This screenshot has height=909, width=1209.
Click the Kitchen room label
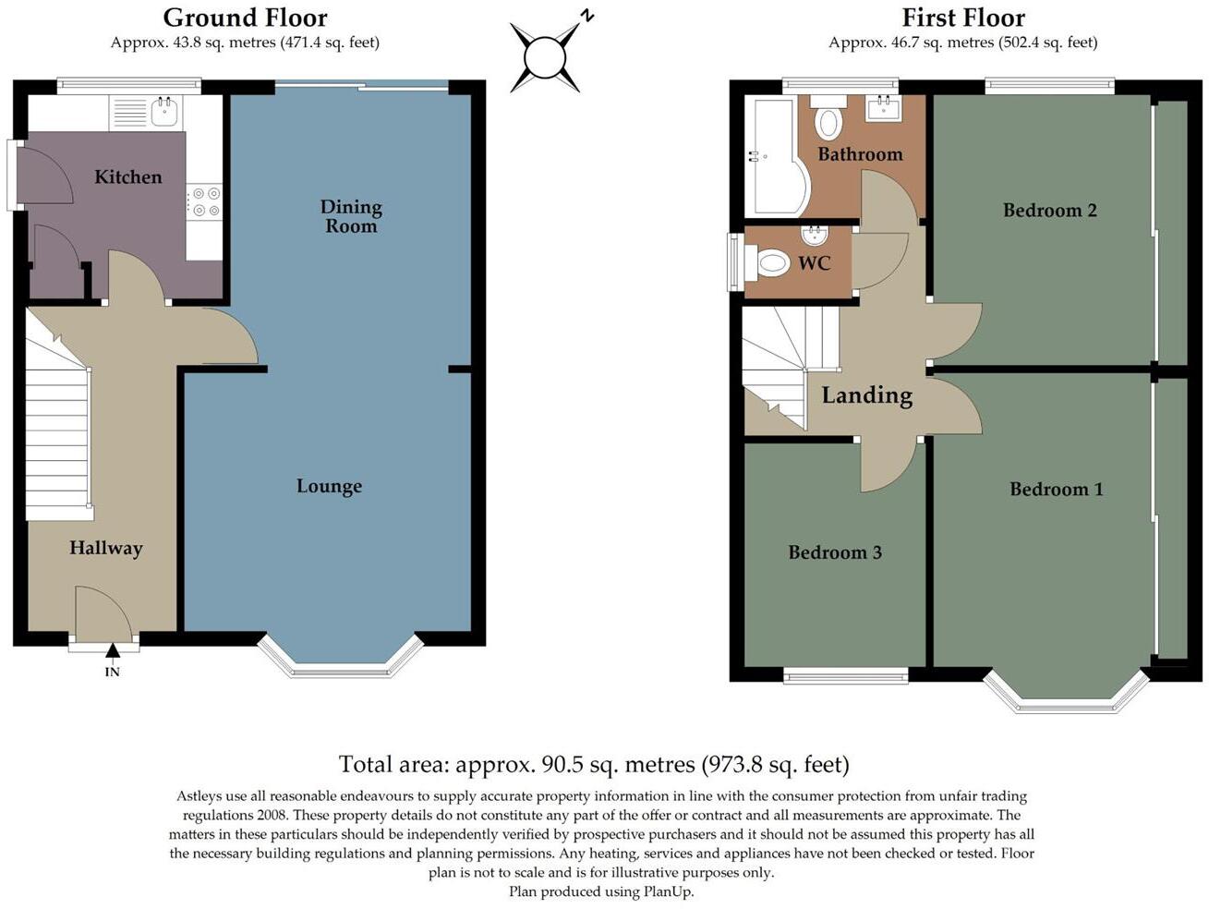[x=127, y=176]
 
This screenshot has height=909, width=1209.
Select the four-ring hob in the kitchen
[x=204, y=202]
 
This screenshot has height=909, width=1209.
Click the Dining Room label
[x=351, y=216]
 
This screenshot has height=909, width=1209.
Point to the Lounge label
[x=329, y=486]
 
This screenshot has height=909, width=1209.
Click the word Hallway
[x=105, y=548]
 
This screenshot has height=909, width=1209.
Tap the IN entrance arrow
[x=112, y=652]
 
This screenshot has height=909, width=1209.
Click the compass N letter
[x=586, y=16]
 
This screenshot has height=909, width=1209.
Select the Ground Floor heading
[x=245, y=18]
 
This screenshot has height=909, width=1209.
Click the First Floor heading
[x=962, y=18]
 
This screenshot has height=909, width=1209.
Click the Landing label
[x=866, y=395]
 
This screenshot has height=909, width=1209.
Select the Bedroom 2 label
[x=1049, y=211]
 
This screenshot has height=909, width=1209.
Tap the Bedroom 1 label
[x=1056, y=490]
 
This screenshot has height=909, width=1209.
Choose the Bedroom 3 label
[x=834, y=552]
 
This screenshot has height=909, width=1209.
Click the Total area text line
[x=593, y=765]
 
